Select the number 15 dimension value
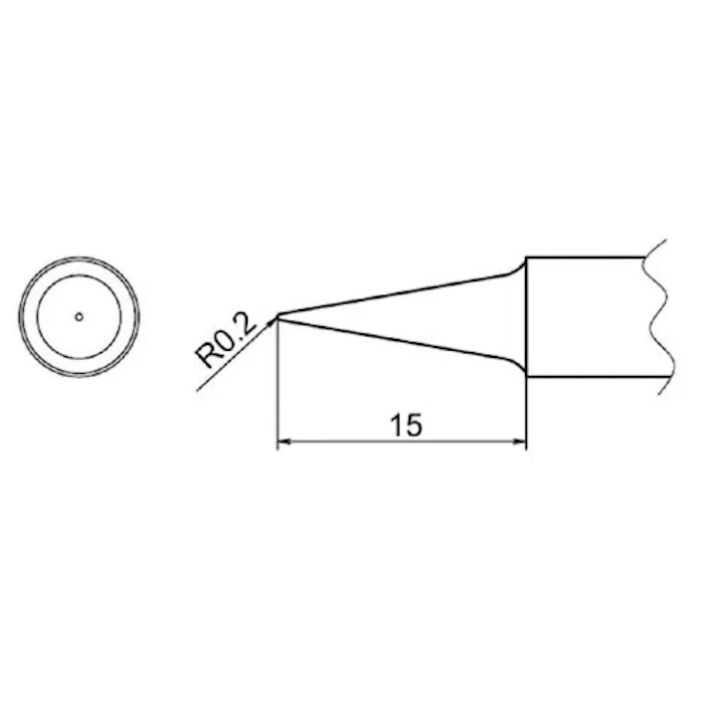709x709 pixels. point(406,426)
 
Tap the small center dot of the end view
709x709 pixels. point(80,317)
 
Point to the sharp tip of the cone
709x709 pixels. point(275,316)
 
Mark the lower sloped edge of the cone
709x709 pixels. point(398,340)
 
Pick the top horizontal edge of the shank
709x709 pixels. point(587,258)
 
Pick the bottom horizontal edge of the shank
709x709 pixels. point(587,378)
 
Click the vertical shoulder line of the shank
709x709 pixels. point(525,318)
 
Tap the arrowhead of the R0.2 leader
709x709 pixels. point(269,322)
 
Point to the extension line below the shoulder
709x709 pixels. point(525,413)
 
